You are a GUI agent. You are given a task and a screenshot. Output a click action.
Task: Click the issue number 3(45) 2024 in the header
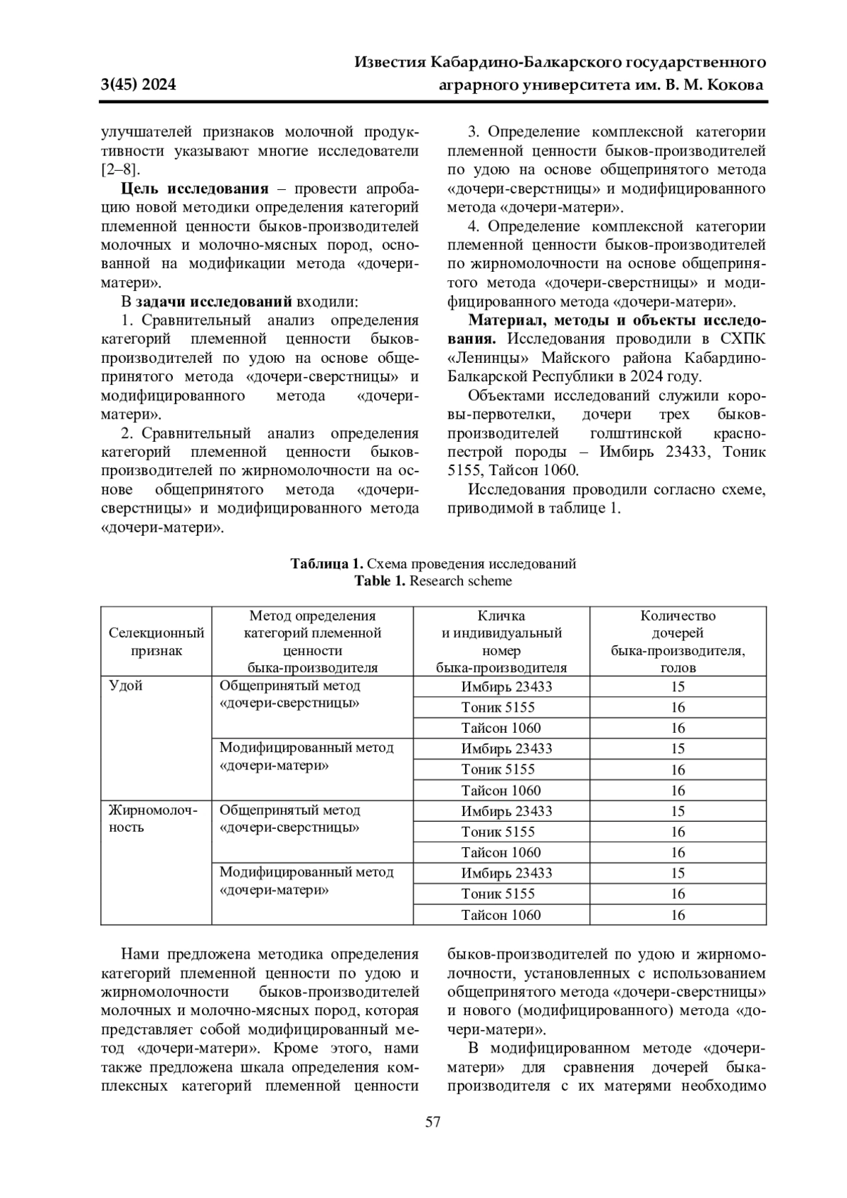[138, 85]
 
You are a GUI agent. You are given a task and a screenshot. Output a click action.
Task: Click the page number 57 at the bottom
[433, 1122]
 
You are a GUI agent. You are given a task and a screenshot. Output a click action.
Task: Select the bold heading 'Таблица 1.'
[327, 563]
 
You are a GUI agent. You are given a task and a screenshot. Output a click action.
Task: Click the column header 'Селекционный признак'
[156, 642]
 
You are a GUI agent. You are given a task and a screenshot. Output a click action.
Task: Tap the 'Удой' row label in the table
[126, 686]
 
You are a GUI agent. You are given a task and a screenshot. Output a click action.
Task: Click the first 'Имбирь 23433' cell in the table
[506, 687]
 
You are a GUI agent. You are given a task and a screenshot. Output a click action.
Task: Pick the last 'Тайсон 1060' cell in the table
[500, 915]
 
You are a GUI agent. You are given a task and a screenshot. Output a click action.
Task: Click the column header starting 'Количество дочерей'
[678, 642]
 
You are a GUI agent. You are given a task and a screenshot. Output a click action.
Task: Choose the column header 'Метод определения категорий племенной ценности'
[312, 642]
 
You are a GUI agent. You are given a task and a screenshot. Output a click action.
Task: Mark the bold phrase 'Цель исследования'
[195, 189]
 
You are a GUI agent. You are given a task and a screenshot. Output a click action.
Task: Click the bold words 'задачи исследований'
[214, 302]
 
